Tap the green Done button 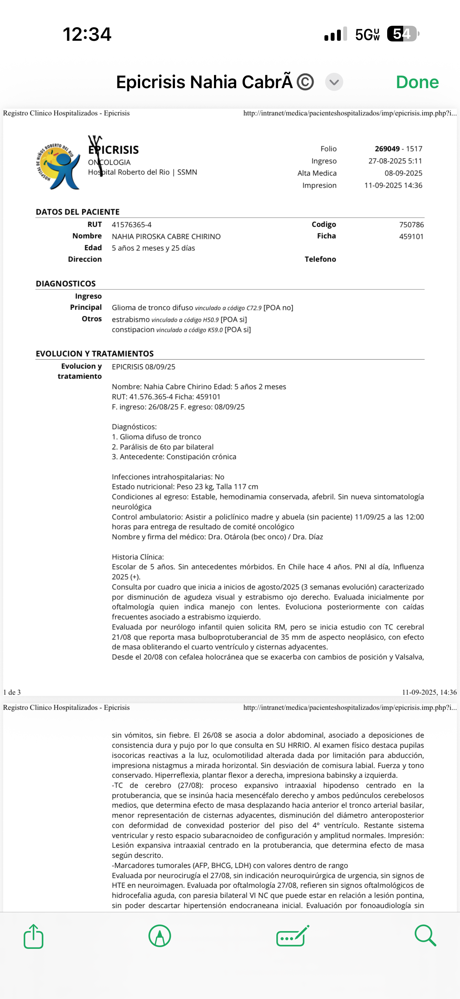pyautogui.click(x=417, y=82)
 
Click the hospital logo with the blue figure pyautogui.click(x=58, y=166)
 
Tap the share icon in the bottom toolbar pyautogui.click(x=34, y=936)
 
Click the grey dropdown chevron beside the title pyautogui.click(x=334, y=82)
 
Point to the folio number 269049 pyautogui.click(x=387, y=149)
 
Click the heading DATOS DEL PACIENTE pyautogui.click(x=78, y=212)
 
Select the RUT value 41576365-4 pyautogui.click(x=131, y=225)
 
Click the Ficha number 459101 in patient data pyautogui.click(x=411, y=237)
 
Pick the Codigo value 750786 pyautogui.click(x=411, y=225)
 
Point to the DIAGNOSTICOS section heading pyautogui.click(x=66, y=284)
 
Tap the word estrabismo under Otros pyautogui.click(x=131, y=319)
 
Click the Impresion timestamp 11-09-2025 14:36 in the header pyautogui.click(x=393, y=185)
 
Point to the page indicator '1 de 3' pyautogui.click(x=12, y=692)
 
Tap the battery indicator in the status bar pyautogui.click(x=402, y=34)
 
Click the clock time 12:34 pyautogui.click(x=87, y=34)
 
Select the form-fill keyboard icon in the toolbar pyautogui.click(x=292, y=936)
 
